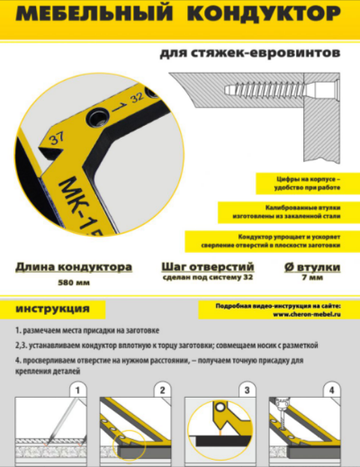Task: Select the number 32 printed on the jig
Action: click(x=137, y=93)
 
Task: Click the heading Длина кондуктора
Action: click(x=75, y=268)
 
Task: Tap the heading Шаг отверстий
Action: click(x=208, y=268)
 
